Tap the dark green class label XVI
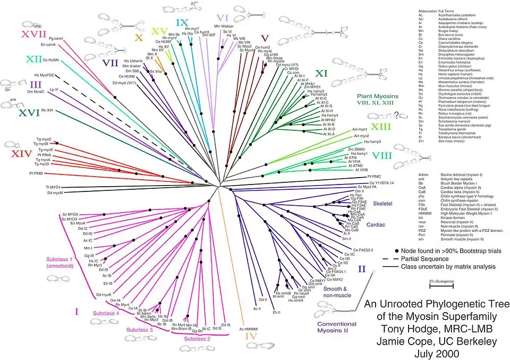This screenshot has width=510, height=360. tap(14, 113)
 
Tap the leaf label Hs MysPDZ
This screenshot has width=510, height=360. tap(45, 76)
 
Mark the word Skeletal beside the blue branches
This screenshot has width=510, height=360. tap(382, 204)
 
